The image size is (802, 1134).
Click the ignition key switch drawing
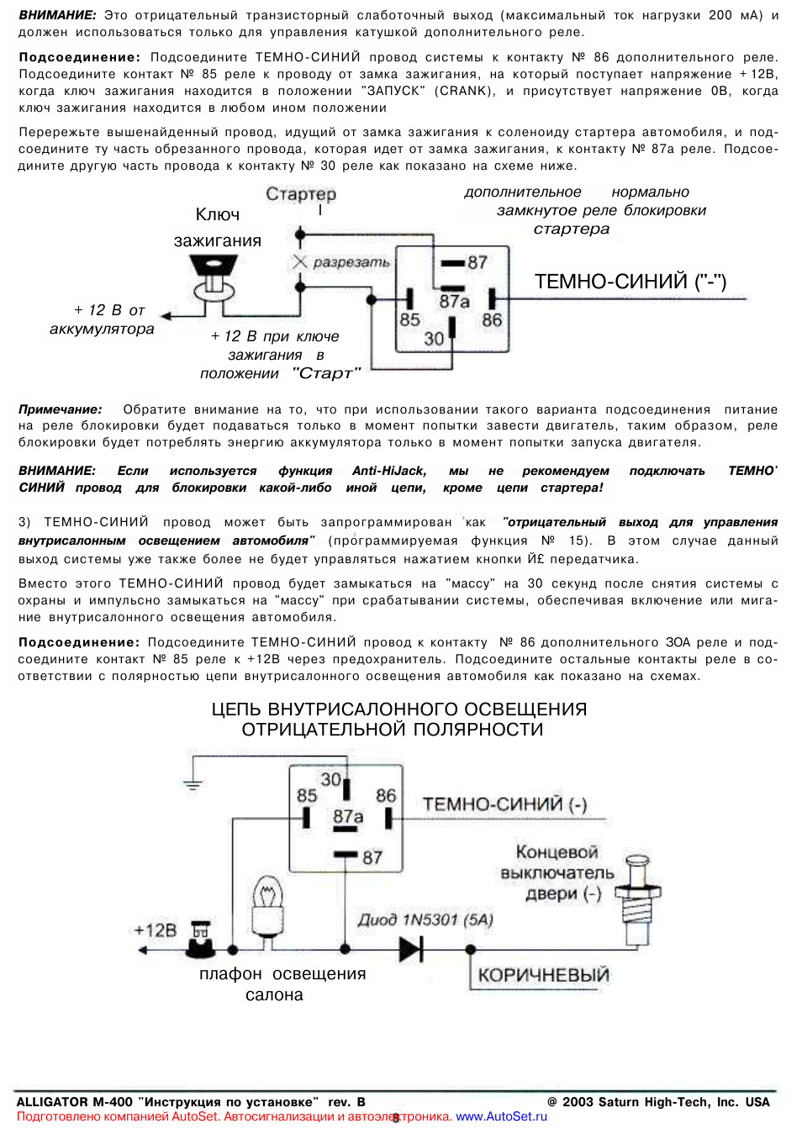[x=214, y=277]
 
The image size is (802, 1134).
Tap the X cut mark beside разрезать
[x=300, y=261]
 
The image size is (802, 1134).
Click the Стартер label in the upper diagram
[x=301, y=193]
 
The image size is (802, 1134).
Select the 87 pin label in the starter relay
[x=478, y=262]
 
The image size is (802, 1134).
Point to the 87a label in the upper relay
[x=454, y=301]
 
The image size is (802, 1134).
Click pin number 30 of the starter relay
[x=434, y=338]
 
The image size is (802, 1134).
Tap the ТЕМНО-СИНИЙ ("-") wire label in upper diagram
[x=631, y=282]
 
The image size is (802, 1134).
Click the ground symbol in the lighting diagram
[x=193, y=784]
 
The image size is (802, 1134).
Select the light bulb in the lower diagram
[x=267, y=906]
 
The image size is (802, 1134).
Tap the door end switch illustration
[x=638, y=900]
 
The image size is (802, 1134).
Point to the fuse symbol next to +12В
[x=200, y=940]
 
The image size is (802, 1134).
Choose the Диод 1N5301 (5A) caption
[x=425, y=920]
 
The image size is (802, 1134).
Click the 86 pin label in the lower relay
[x=386, y=796]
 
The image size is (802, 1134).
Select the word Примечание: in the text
[x=61, y=409]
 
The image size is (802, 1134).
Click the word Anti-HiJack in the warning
[x=389, y=471]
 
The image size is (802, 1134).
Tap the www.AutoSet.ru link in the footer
[x=501, y=1116]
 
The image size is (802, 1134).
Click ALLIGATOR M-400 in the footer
[x=75, y=1102]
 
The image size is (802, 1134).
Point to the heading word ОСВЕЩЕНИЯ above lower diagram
[x=525, y=709]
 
